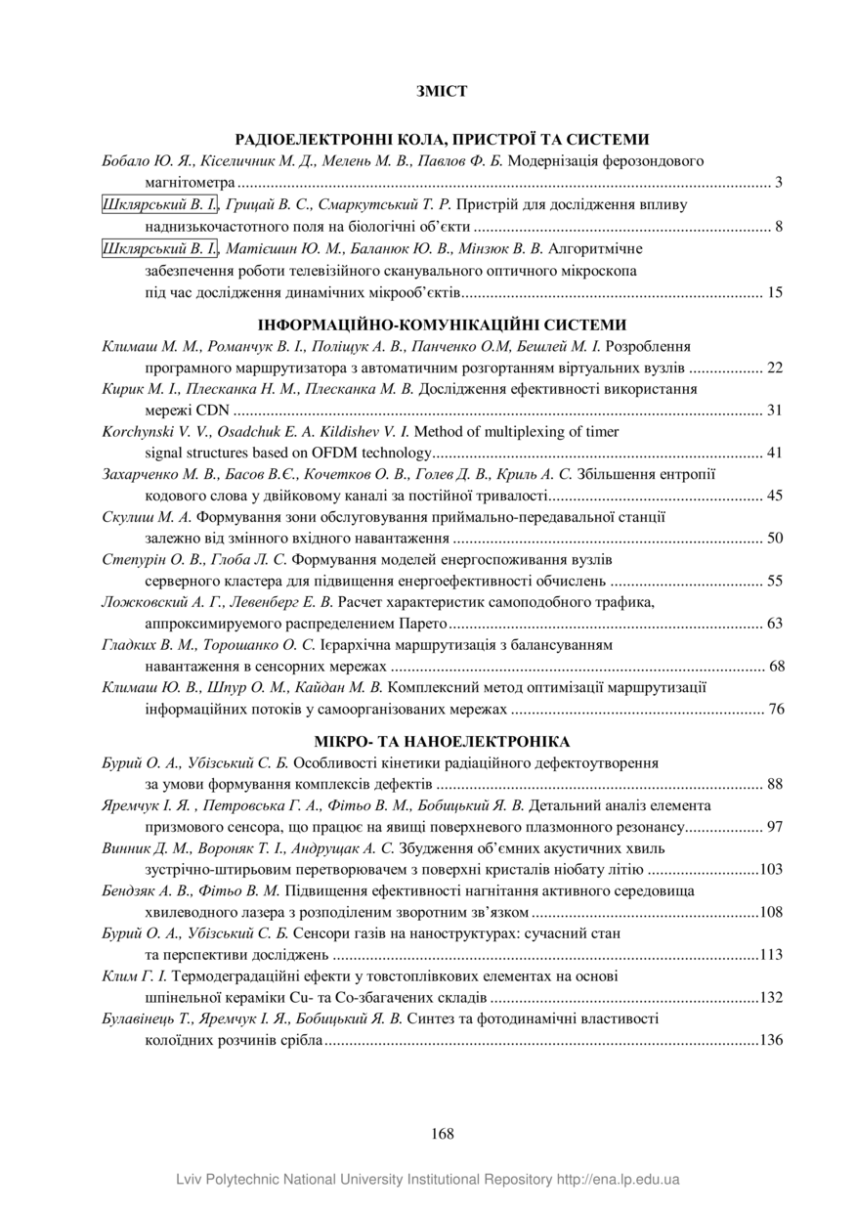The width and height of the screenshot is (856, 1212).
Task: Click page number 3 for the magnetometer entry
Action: click(779, 182)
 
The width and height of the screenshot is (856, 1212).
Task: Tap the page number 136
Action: click(772, 1040)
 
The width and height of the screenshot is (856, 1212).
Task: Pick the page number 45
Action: click(775, 496)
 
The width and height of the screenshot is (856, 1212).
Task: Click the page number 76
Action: click(776, 709)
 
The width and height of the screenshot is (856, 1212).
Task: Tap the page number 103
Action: click(772, 869)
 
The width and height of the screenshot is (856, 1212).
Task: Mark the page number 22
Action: click(775, 368)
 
